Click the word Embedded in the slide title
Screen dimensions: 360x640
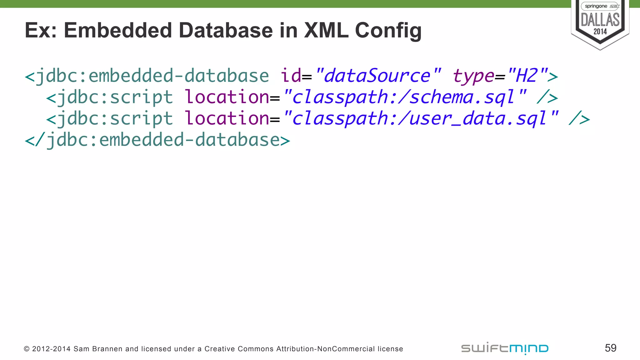[117, 30]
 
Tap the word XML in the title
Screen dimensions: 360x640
[326, 30]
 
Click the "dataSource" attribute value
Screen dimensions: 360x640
[378, 76]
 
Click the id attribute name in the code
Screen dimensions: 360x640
[291, 76]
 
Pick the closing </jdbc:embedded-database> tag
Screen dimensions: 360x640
[157, 140]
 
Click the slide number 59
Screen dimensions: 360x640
[611, 348]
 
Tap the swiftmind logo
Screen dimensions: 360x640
[505, 348]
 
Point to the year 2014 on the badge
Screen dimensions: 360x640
[600, 32]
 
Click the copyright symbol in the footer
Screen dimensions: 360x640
[27, 349]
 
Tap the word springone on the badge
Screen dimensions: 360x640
[596, 6]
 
